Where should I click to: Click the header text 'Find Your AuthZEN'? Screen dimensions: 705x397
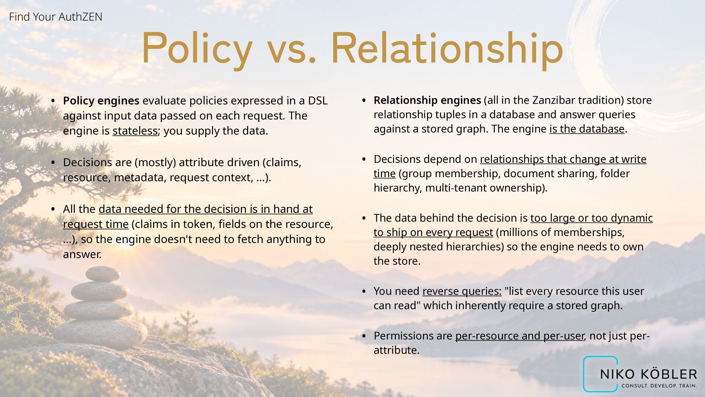[x=55, y=17]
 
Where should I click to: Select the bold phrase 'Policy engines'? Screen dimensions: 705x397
[x=101, y=101]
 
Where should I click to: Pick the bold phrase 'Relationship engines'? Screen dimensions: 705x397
[x=427, y=100]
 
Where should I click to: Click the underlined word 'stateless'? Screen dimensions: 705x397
[x=135, y=131]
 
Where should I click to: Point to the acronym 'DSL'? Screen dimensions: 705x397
[x=318, y=101]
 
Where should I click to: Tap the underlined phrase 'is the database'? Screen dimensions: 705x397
[x=587, y=129]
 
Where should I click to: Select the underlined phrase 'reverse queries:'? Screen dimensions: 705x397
[x=462, y=291]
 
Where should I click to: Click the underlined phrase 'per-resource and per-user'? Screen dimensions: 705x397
[x=520, y=336]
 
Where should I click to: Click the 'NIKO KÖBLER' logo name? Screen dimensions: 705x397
[x=648, y=374]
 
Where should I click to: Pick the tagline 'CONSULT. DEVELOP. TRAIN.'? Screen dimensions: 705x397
[x=659, y=386]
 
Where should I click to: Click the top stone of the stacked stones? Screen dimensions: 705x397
[x=103, y=274]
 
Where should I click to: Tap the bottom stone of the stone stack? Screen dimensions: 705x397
[x=101, y=333]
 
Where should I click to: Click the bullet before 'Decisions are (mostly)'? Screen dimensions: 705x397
[x=53, y=162]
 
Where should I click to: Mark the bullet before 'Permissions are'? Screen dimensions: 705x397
[x=364, y=336]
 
